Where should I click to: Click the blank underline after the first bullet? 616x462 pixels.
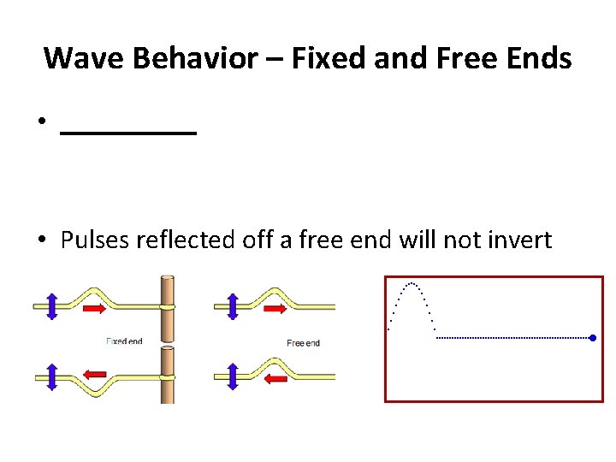tap(128, 133)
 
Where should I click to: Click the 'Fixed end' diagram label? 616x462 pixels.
tap(124, 341)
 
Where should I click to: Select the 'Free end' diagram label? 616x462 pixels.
tap(303, 343)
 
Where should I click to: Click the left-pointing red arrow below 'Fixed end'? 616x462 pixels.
tap(95, 374)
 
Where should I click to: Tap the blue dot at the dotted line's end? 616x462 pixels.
tap(592, 338)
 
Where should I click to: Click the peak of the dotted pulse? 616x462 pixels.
tap(412, 282)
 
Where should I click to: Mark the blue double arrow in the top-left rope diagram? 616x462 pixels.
tap(50, 305)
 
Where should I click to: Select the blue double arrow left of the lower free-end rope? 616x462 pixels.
tap(230, 375)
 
